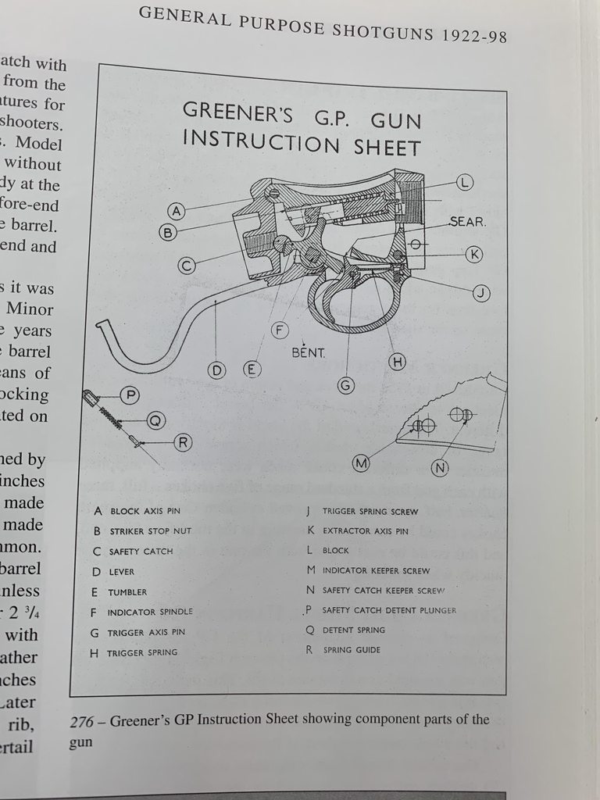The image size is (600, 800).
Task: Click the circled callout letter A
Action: click(177, 211)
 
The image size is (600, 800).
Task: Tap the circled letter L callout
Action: click(464, 183)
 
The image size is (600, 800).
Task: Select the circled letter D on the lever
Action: click(216, 370)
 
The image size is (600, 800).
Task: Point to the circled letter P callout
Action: click(130, 396)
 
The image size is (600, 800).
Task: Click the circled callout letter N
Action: click(441, 468)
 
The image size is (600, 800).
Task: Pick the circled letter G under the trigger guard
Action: click(346, 384)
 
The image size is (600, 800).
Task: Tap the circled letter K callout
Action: click(474, 255)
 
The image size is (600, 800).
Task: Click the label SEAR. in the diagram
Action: click(467, 222)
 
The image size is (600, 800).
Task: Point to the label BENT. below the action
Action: click(308, 352)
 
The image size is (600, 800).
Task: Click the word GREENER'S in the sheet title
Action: click(237, 112)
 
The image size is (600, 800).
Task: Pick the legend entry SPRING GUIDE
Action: click(352, 650)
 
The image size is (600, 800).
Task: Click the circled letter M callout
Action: click(361, 463)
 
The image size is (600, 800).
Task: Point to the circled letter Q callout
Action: click(155, 421)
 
